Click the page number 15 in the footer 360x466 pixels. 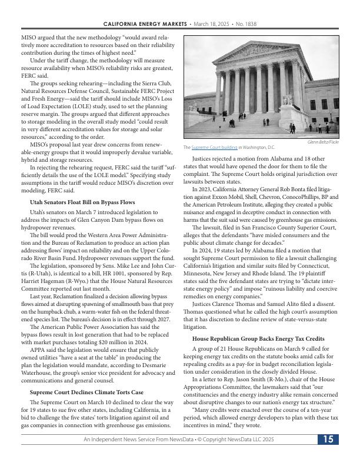[328, 440]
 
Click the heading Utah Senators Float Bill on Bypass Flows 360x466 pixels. [82, 202]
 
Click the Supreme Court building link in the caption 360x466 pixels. [214, 148]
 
